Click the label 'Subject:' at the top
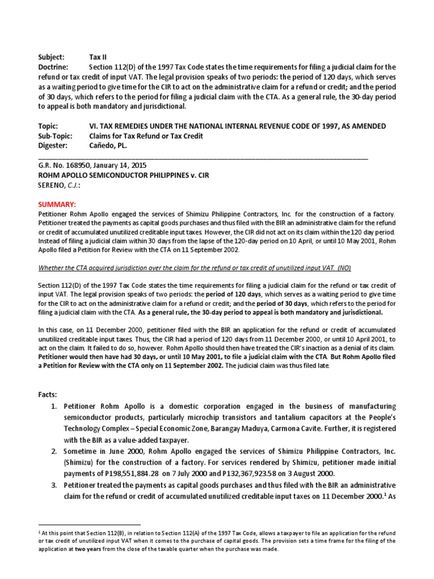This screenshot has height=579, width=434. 51,57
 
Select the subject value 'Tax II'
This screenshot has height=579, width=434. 98,57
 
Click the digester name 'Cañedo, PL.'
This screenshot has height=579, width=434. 108,145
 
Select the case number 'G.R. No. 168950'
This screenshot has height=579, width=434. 62,166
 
